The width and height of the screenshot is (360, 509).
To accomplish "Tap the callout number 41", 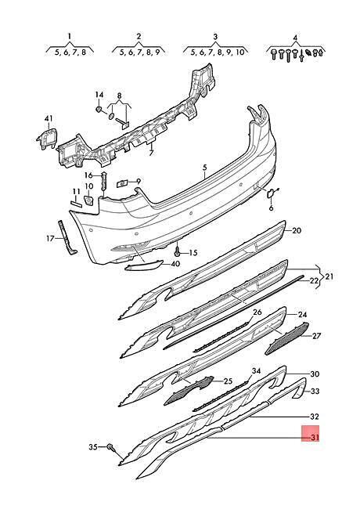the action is coord(49,119).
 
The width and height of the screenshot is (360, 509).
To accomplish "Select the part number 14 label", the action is coord(99,95).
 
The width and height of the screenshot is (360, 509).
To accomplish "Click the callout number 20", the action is coord(297,231).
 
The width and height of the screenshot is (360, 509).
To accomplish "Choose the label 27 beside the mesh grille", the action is coord(316,335).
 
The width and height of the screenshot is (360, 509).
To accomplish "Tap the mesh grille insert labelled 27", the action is coord(287,338).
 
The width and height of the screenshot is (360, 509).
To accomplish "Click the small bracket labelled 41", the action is coord(48,139).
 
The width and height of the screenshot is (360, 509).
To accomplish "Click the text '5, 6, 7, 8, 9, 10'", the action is coord(217,52).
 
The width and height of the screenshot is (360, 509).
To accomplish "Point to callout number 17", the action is coord(50,239).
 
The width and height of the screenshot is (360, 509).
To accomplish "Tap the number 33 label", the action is coord(315,392).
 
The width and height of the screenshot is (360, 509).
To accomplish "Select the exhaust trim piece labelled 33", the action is coord(289,388).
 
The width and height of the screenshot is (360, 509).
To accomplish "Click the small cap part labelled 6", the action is coord(271,194).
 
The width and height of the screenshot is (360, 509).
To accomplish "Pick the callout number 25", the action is coord(229,381).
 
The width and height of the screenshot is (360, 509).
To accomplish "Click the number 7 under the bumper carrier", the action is coord(151,153).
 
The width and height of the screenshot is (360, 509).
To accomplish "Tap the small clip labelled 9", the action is coord(121,184).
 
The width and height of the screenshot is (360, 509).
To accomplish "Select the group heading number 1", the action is coord(69,36).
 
